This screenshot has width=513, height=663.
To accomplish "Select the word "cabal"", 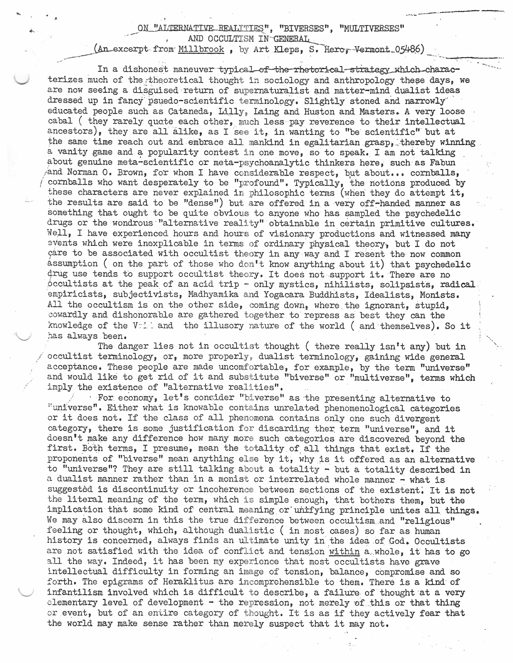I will [x=60, y=121].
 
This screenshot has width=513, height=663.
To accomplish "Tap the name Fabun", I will [x=443, y=162].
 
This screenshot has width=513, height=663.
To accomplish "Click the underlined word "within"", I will [x=344, y=551].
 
